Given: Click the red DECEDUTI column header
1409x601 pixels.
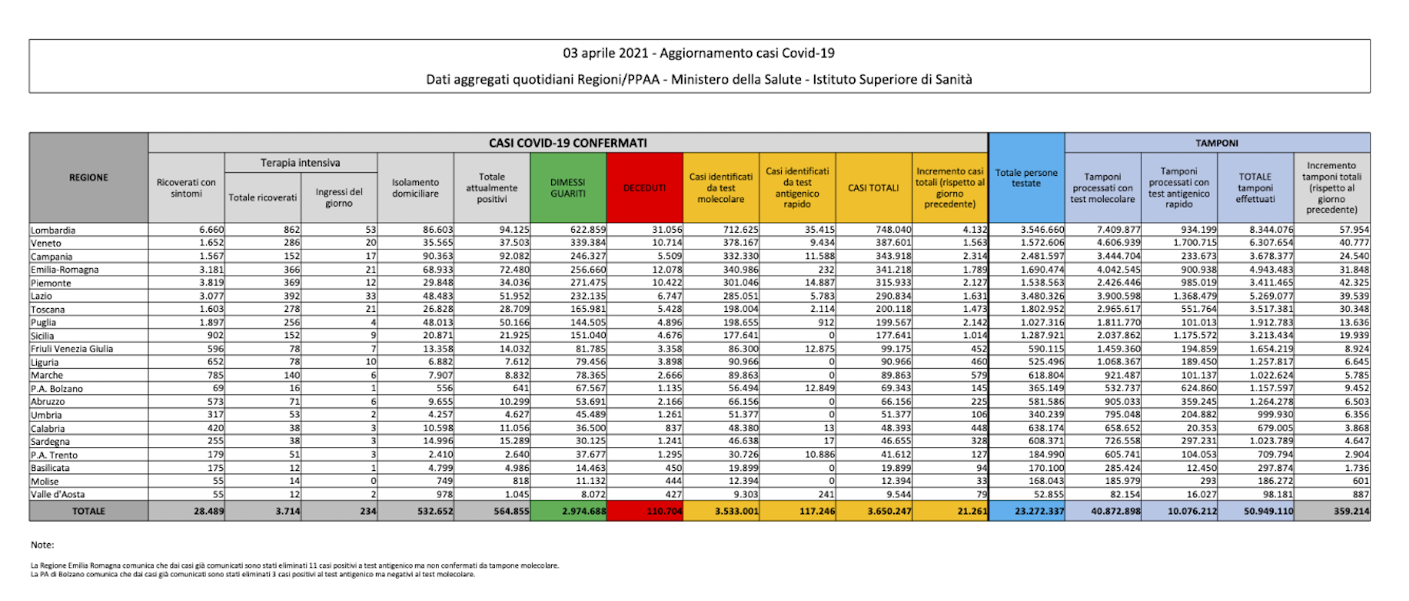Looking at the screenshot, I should [x=644, y=188].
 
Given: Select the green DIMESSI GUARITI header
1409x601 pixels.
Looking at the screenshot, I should [x=568, y=188].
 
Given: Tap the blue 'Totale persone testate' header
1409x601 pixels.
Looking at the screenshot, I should [x=1026, y=178].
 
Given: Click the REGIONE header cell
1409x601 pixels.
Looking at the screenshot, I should [x=89, y=177].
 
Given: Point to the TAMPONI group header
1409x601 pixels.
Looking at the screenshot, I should [x=1217, y=143].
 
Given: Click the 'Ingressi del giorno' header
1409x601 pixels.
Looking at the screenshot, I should [x=339, y=197].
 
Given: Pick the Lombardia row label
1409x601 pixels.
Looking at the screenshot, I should [x=53, y=230].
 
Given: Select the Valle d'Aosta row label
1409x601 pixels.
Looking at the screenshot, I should [x=58, y=494].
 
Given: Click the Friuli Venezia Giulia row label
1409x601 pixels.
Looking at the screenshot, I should [x=72, y=349].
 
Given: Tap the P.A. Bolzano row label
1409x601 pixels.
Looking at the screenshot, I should [x=57, y=388].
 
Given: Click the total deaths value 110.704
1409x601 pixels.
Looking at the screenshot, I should [x=664, y=512].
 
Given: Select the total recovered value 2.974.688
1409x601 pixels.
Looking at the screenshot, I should [x=583, y=512].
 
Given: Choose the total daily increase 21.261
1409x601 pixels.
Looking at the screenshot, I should [x=969, y=512].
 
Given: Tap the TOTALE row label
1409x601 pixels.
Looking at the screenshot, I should [x=89, y=511].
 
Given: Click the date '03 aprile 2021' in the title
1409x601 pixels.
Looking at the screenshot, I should [x=605, y=53].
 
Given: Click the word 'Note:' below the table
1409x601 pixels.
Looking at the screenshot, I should [x=43, y=545].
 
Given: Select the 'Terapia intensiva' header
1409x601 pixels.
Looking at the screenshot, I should [x=300, y=162].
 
